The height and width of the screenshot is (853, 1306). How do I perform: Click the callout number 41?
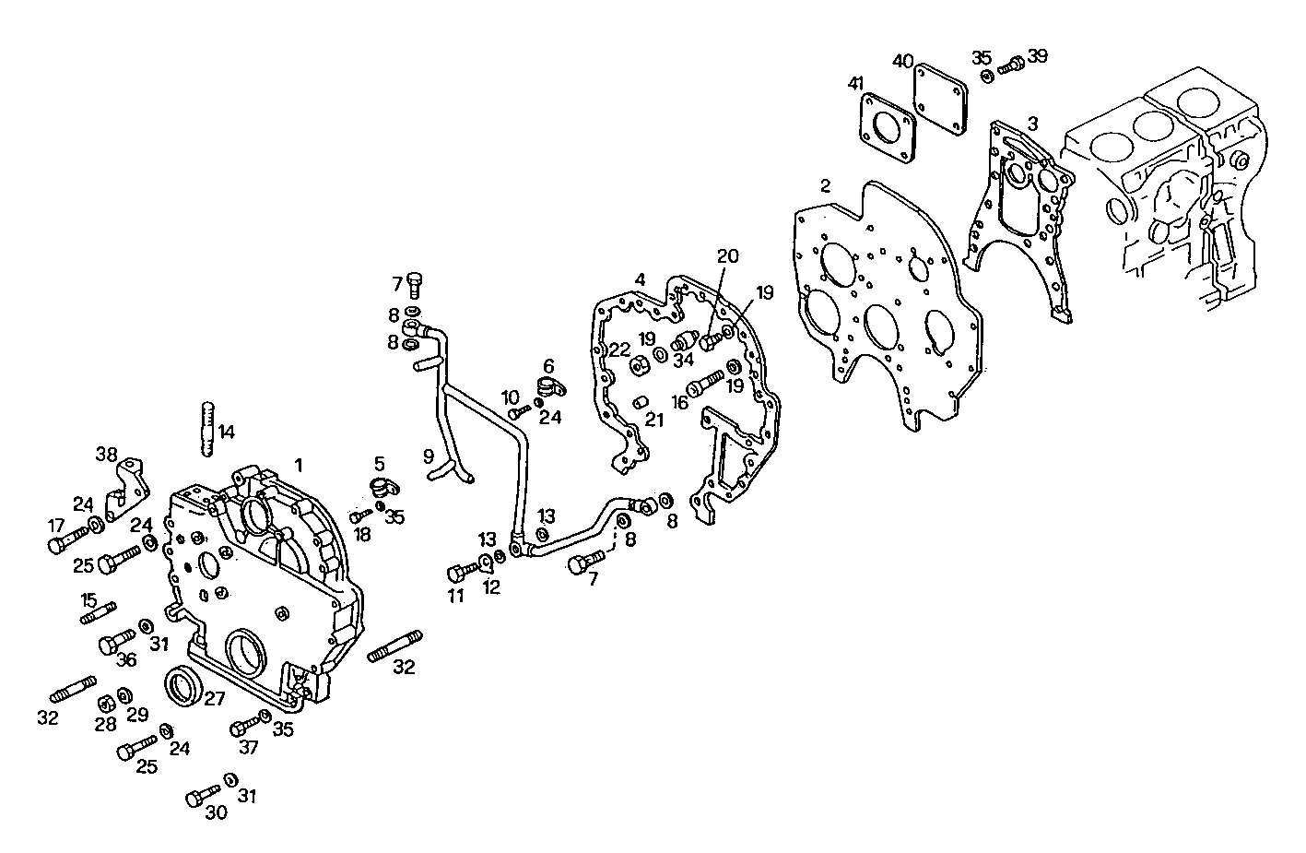(x=856, y=84)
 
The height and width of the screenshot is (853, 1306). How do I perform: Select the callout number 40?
(x=902, y=61)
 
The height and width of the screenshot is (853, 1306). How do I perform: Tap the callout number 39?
(x=1037, y=56)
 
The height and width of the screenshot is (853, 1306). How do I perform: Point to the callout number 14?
(x=225, y=431)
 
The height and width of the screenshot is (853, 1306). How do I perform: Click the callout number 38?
(x=107, y=454)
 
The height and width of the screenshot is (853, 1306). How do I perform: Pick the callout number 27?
(x=214, y=699)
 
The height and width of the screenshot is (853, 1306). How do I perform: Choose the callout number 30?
(x=216, y=812)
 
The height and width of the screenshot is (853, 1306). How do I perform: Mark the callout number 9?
(x=429, y=455)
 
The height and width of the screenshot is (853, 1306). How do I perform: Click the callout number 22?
(x=618, y=349)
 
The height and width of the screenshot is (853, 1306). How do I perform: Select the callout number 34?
(x=682, y=360)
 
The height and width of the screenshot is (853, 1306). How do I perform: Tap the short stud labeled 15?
(x=98, y=612)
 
